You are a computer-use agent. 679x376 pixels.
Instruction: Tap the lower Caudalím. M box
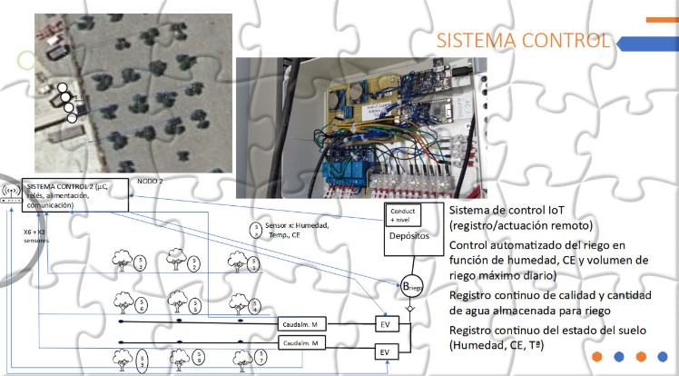point(300,344)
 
